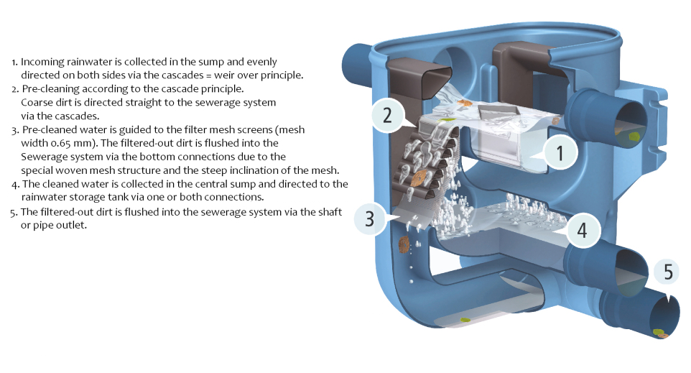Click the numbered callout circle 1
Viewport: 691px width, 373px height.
coord(560,153)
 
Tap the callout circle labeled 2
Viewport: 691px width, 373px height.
coord(388,115)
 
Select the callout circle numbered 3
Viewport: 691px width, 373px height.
coord(371,218)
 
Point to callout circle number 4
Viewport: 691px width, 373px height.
coord(583,230)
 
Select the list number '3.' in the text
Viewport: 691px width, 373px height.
coord(15,130)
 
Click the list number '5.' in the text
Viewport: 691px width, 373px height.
coord(14,213)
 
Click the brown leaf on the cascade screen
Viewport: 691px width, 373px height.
coord(418,178)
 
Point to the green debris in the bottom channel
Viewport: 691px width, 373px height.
coord(465,320)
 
